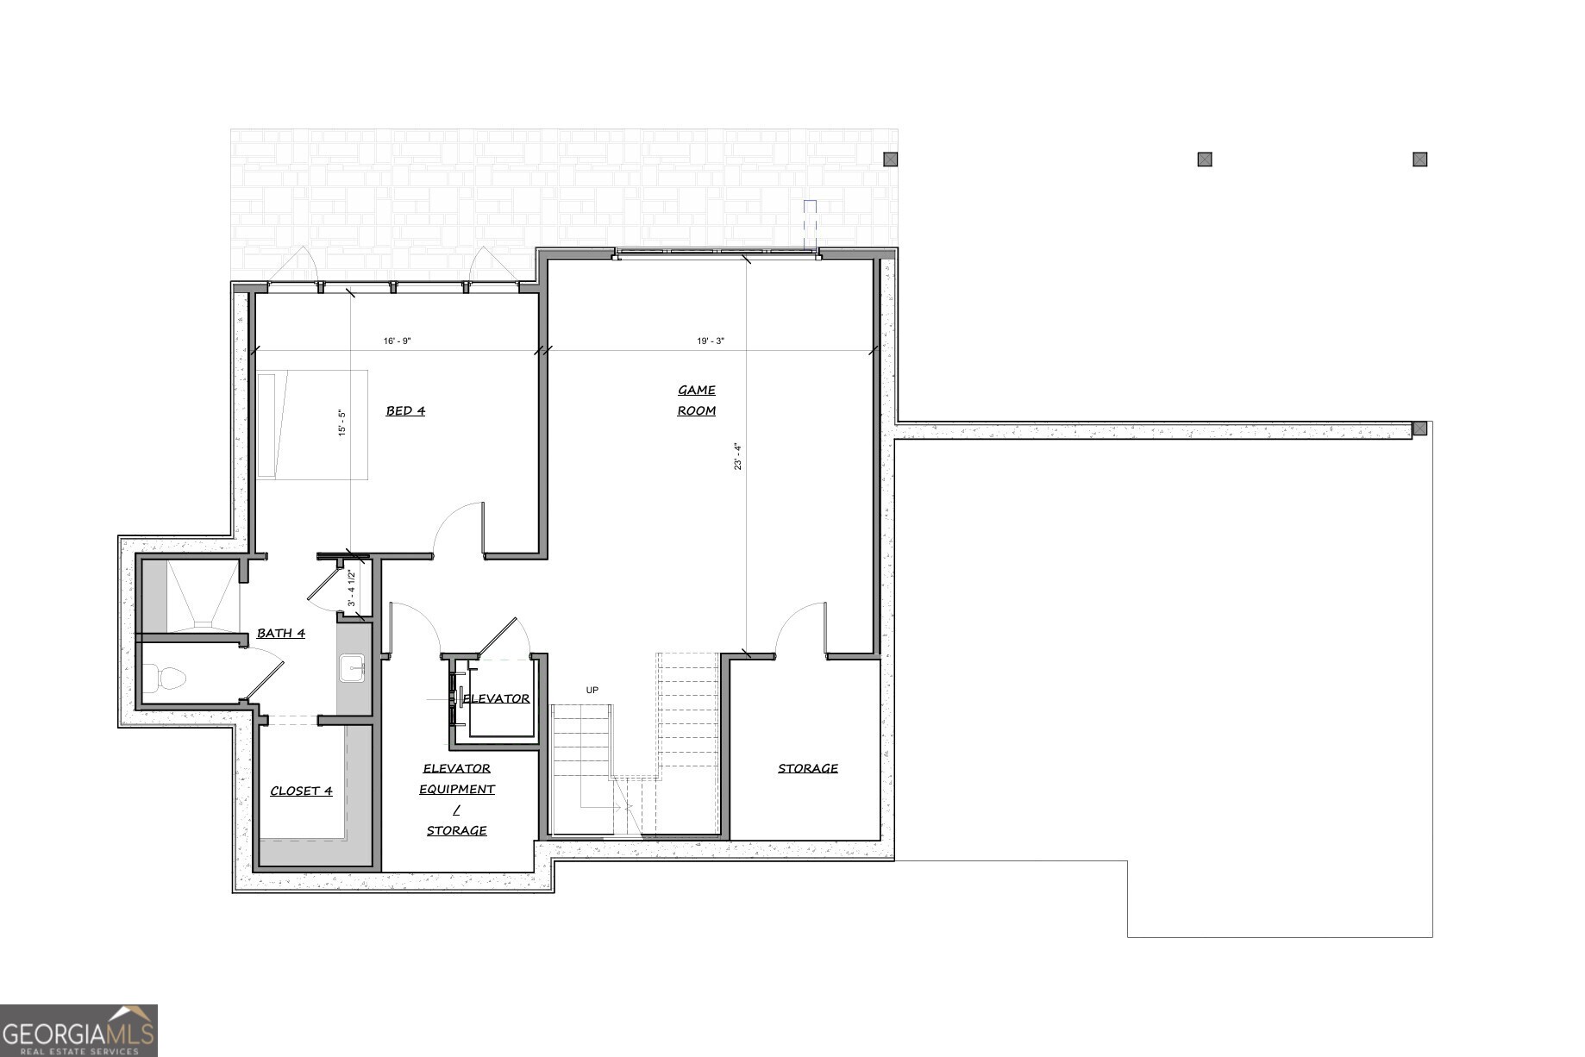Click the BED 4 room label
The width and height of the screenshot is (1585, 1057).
click(405, 411)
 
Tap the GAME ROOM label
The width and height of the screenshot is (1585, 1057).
click(697, 401)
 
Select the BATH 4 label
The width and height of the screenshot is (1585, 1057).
click(281, 634)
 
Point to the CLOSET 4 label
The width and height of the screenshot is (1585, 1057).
click(301, 791)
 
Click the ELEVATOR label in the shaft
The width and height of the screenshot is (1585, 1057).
click(497, 699)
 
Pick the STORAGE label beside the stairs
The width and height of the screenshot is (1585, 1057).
click(808, 768)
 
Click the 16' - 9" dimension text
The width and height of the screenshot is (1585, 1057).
click(398, 341)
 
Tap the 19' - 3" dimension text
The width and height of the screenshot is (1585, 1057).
click(711, 341)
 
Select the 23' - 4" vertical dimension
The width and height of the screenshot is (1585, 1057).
click(737, 457)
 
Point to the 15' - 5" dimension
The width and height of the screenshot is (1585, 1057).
click(342, 423)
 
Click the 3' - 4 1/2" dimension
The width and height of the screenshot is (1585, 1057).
click(351, 588)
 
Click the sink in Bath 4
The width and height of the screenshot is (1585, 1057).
click(352, 668)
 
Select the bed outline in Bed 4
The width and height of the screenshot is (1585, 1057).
click(312, 425)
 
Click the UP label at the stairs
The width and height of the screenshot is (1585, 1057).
click(592, 691)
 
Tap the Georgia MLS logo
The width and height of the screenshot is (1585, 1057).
click(78, 1030)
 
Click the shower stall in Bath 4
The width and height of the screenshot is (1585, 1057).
click(190, 596)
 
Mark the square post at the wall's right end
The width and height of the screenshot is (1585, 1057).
click(1419, 428)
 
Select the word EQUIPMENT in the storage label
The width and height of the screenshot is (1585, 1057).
click(457, 790)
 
